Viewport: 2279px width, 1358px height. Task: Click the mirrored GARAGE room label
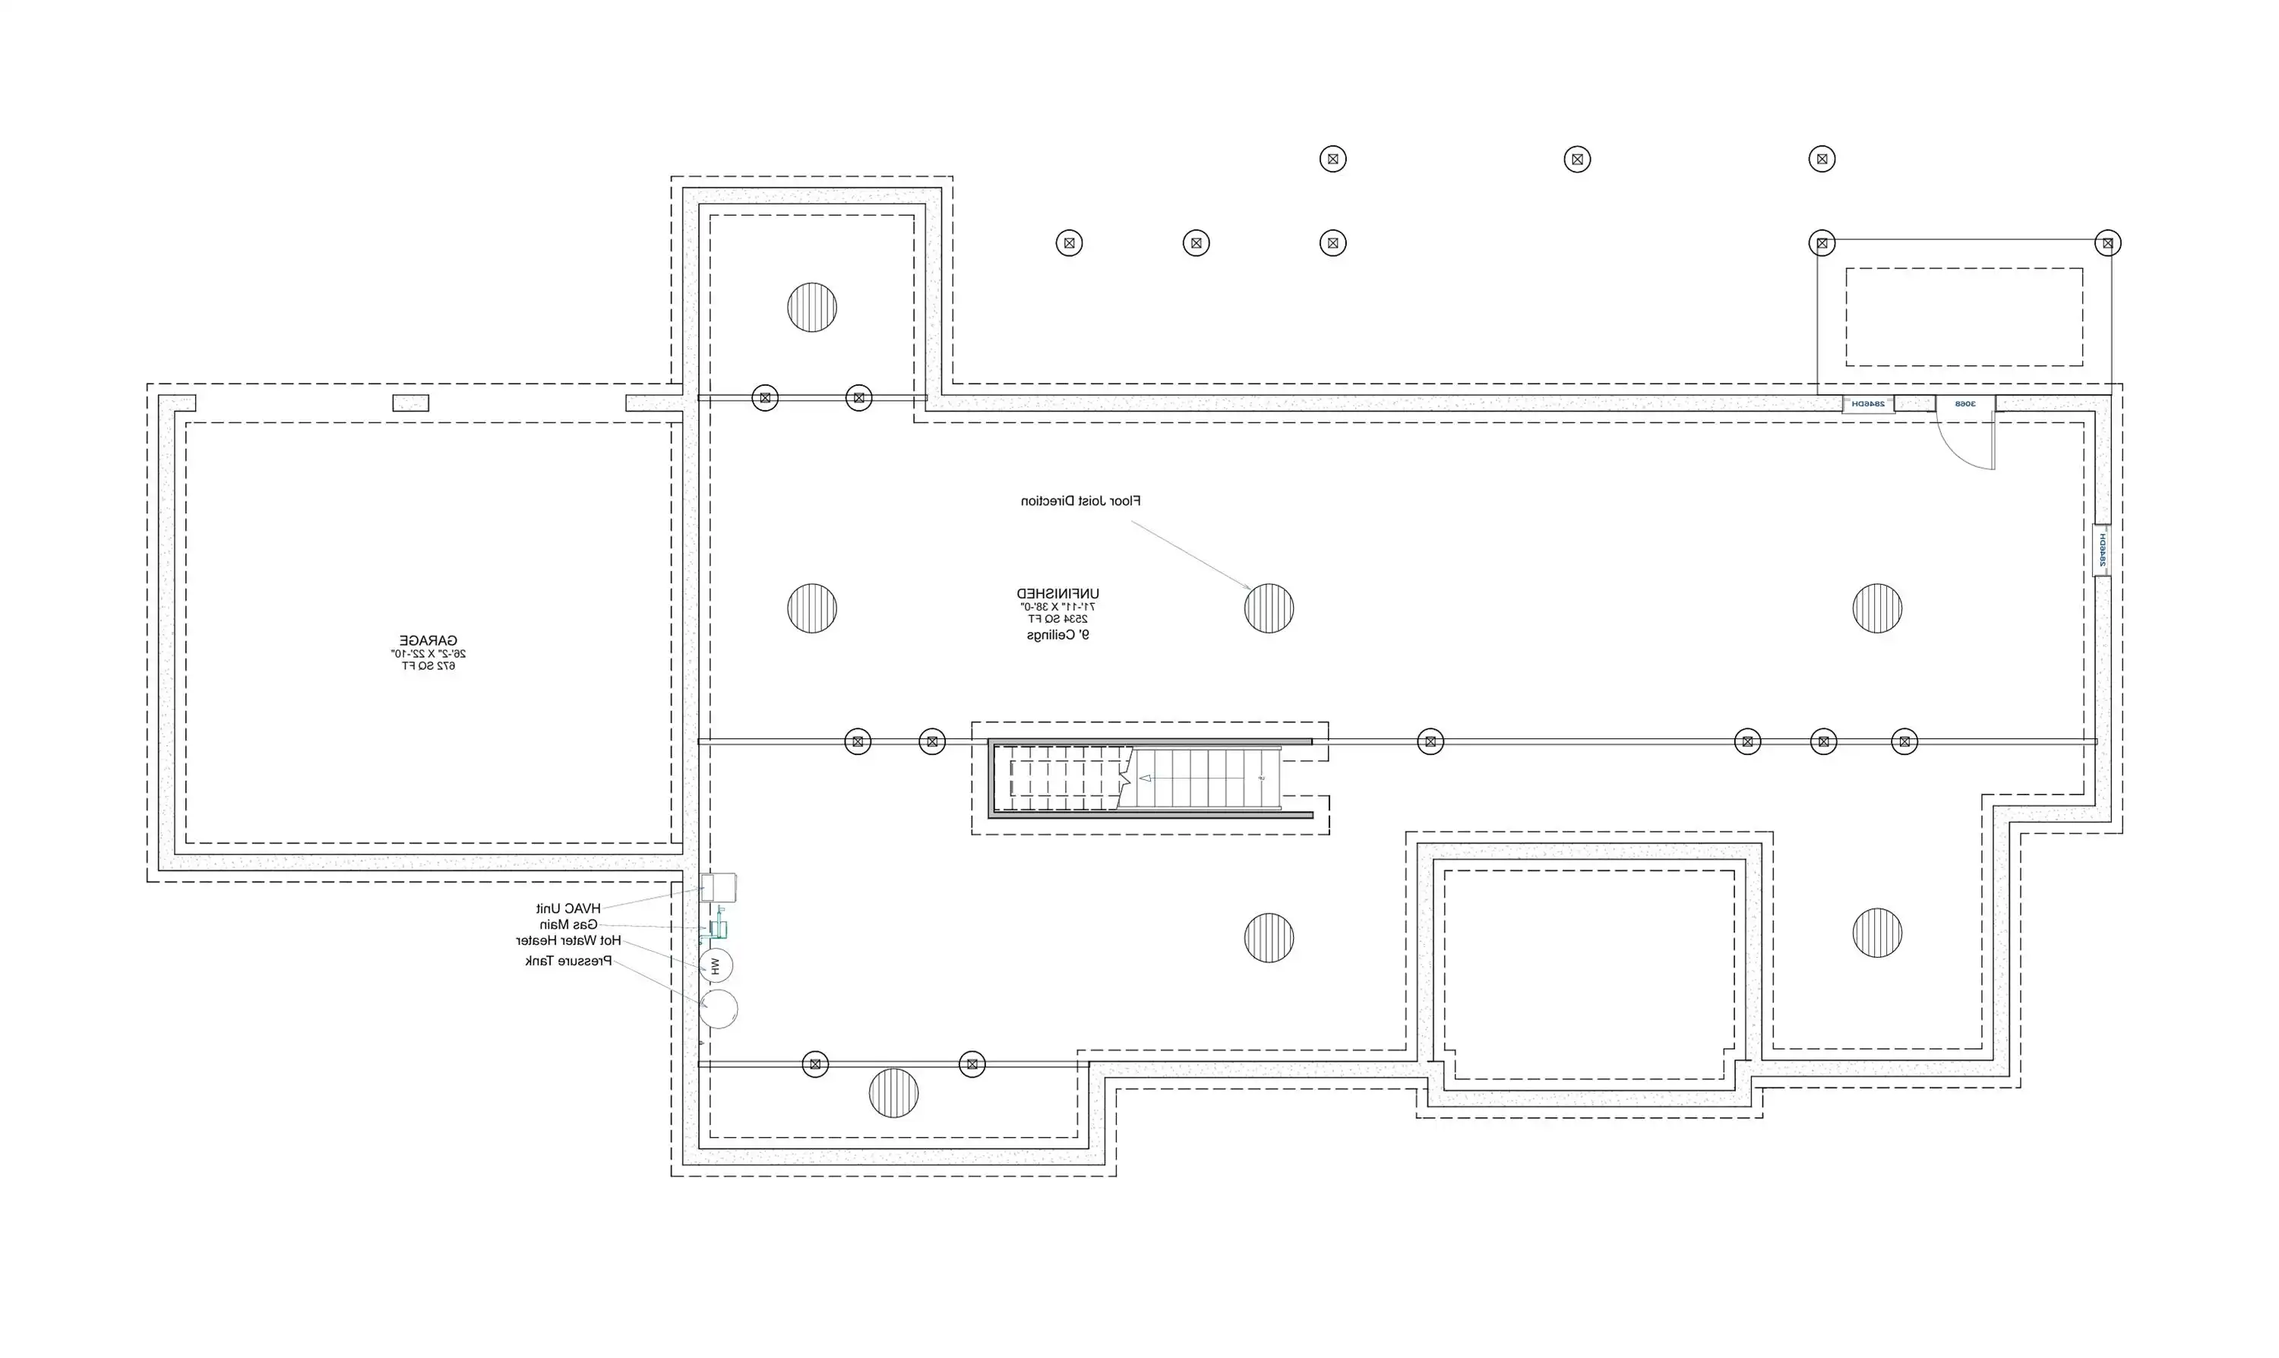428,640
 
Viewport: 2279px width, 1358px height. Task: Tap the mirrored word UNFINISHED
1058,594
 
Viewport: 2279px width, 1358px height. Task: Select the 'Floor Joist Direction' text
1081,501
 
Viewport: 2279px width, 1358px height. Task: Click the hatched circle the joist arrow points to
1269,608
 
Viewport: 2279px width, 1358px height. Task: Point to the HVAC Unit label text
568,908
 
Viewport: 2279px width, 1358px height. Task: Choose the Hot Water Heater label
568,941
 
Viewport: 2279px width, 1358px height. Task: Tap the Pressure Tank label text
568,961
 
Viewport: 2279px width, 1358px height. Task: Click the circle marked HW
716,965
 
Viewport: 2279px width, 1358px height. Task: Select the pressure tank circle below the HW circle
719,1009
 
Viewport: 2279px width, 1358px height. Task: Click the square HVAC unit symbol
719,888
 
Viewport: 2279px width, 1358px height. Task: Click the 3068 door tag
1965,403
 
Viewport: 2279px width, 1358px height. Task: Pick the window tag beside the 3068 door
1868,403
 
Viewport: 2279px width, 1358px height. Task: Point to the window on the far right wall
2102,549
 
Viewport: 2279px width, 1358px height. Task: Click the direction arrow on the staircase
1146,778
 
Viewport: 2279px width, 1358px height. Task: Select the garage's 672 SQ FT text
428,666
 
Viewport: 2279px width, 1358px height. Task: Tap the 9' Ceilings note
1058,635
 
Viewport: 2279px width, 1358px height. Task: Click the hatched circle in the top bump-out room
812,307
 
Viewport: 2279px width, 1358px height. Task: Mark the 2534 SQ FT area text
1058,620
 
